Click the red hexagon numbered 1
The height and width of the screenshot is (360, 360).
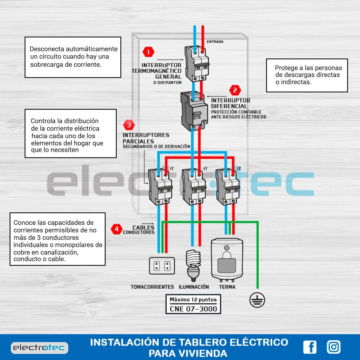coord(148,52)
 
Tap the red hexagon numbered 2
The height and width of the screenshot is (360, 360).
coord(235,90)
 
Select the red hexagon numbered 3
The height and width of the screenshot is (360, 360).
coord(129,125)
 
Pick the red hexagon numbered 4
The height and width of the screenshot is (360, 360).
coord(117,229)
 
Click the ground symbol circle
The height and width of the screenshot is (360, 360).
coord(257,300)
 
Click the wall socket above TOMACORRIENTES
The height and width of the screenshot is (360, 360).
coord(162,266)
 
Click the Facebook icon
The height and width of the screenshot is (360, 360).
coord(310,347)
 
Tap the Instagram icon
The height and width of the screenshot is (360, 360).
coord(334,347)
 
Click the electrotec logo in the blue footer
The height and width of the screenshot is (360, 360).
coord(40,348)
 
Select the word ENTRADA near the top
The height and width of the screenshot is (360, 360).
coord(215,42)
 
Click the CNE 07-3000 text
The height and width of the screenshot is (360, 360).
coord(193,309)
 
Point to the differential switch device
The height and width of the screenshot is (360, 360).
coord(194,111)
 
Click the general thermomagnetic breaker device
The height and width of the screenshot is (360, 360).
coord(197,64)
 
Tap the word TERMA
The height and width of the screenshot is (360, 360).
coord(227,287)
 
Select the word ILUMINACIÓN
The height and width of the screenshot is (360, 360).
coord(194,286)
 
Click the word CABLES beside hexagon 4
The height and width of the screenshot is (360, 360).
coord(143,227)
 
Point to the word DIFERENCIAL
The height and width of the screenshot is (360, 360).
coord(229,106)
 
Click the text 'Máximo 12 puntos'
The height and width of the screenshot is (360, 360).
coord(193,300)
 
